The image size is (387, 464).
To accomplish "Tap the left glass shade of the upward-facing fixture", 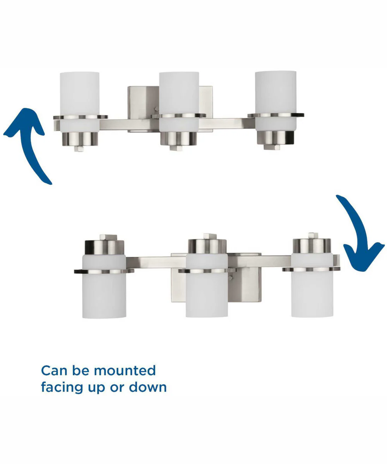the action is [x=80, y=102].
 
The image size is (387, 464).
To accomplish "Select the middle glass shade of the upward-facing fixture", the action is [x=179, y=102].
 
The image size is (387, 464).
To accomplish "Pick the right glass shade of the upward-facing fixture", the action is [x=276, y=101].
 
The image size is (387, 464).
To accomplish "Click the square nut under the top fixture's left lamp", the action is [x=79, y=148].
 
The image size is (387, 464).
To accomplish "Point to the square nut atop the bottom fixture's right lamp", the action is [x=313, y=236].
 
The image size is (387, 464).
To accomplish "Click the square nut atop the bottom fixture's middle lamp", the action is [x=210, y=236].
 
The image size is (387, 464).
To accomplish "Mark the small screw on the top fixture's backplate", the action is [x=157, y=109].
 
